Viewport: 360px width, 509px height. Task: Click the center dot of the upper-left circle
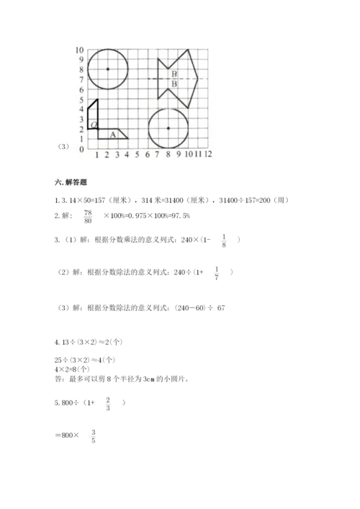[107, 69]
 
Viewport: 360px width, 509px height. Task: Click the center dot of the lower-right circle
[168, 128]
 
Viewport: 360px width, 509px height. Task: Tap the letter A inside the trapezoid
[113, 134]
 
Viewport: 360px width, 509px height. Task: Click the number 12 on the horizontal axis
[208, 154]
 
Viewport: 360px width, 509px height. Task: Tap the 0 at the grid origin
[82, 149]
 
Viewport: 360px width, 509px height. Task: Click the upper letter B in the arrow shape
[174, 73]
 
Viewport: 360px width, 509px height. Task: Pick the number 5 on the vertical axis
[82, 99]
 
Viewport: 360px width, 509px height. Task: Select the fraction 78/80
[89, 217]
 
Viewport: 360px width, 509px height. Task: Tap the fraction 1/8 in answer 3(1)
[225, 240]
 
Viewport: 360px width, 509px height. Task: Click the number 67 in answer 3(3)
[221, 307]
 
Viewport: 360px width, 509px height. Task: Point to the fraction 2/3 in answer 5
[108, 403]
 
